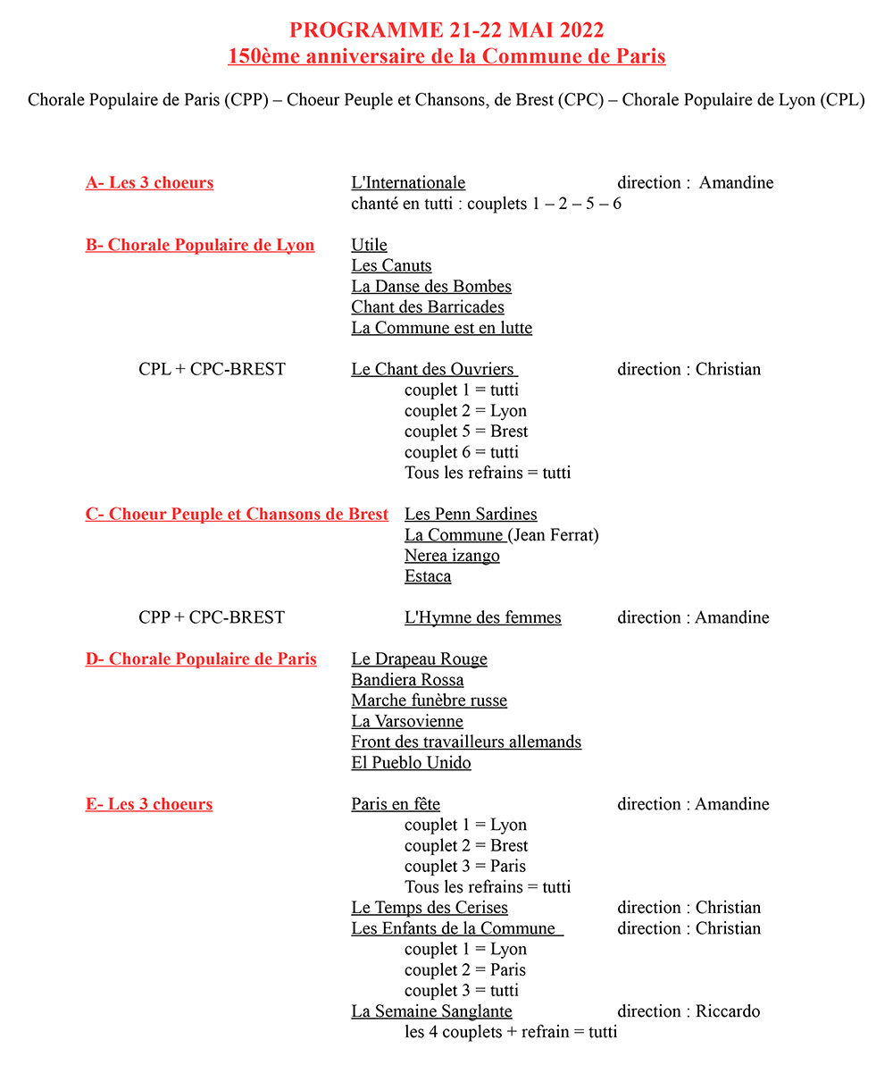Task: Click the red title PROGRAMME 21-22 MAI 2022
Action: pyautogui.click(x=446, y=30)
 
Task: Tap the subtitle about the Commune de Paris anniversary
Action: pyautogui.click(x=446, y=56)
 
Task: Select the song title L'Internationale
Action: pyautogui.click(x=408, y=183)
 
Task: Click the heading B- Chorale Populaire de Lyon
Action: pyautogui.click(x=200, y=246)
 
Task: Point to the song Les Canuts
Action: pyautogui.click(x=391, y=266)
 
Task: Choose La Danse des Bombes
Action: pyautogui.click(x=431, y=287)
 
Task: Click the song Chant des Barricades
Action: pyautogui.click(x=428, y=307)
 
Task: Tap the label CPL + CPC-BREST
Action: pyautogui.click(x=212, y=370)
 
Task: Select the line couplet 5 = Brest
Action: pyautogui.click(x=466, y=432)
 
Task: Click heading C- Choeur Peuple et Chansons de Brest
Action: pyautogui.click(x=237, y=515)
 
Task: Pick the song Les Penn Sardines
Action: pyautogui.click(x=471, y=515)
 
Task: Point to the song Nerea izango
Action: pyautogui.click(x=452, y=556)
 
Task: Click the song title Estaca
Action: pyautogui.click(x=428, y=576)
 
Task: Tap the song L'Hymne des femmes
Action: pyautogui.click(x=483, y=618)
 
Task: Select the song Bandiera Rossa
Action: pyautogui.click(x=407, y=680)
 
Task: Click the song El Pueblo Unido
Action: pyautogui.click(x=411, y=763)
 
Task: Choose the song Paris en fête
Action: pyautogui.click(x=396, y=805)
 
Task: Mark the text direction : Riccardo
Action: pyautogui.click(x=689, y=1011)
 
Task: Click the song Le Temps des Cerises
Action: pyautogui.click(x=430, y=909)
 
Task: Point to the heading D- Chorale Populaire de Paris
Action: pyautogui.click(x=201, y=659)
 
